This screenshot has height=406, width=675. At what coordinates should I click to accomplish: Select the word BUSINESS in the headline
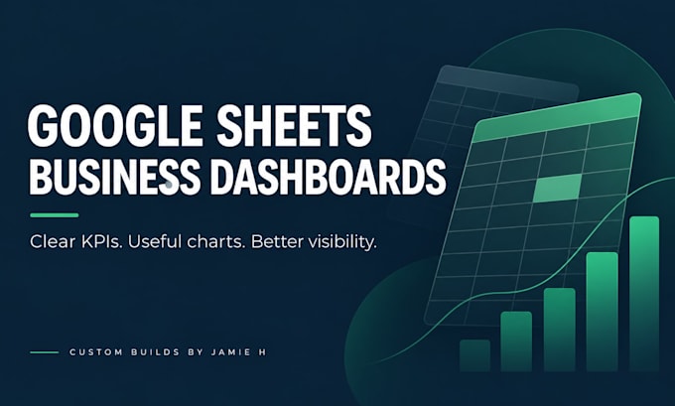[114, 177]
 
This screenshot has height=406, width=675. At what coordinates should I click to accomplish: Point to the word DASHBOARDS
[328, 177]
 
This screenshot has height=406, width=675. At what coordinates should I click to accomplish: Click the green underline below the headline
[55, 214]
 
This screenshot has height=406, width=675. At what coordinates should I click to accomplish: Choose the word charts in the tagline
[216, 241]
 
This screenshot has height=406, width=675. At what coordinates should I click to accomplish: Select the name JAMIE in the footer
[231, 352]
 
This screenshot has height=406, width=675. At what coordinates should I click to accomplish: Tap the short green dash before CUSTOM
[45, 352]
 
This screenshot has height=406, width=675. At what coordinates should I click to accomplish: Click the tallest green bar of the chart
[644, 294]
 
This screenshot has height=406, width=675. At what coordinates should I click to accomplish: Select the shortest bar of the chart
[474, 355]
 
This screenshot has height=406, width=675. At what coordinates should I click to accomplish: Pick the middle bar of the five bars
[559, 330]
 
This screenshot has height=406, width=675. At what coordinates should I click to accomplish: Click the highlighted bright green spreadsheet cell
[557, 188]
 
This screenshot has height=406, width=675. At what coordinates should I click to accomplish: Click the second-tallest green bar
[602, 312]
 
